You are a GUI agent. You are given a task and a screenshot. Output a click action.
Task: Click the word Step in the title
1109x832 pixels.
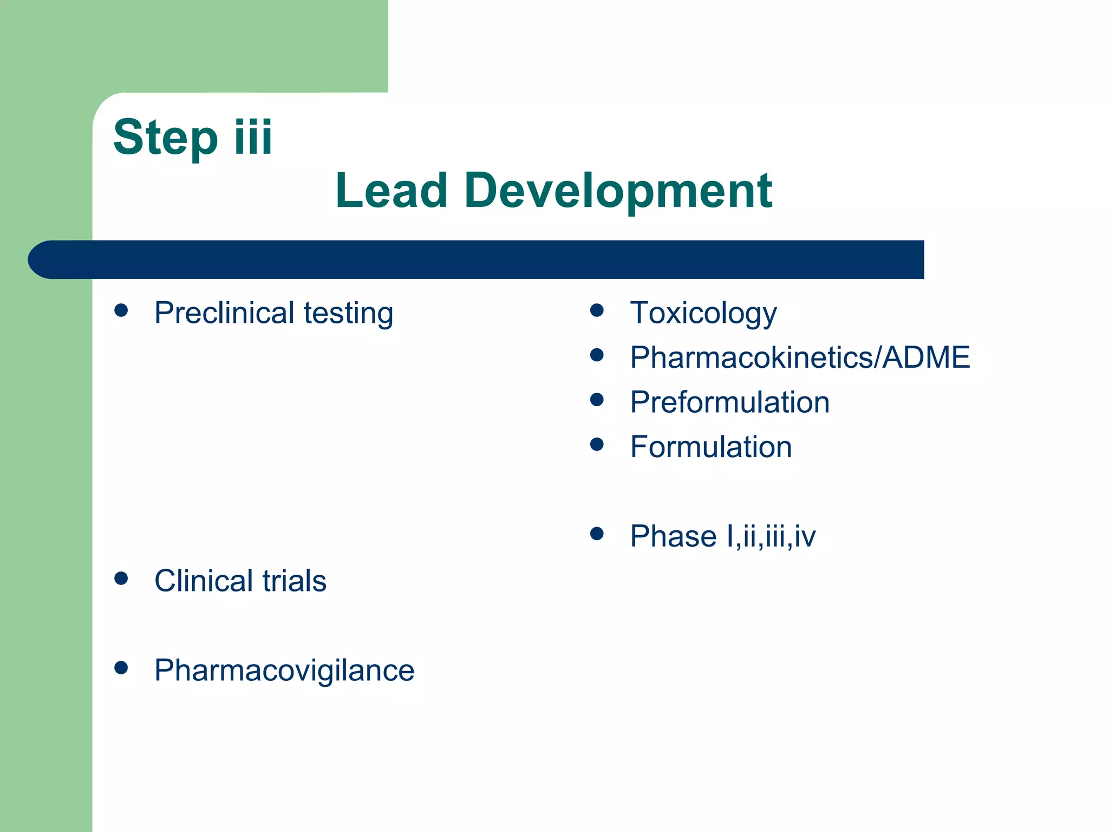(x=165, y=138)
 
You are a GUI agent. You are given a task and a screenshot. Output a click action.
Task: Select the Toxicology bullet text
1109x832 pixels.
(x=703, y=313)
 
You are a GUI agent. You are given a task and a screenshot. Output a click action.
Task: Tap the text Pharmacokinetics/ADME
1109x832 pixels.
(x=799, y=357)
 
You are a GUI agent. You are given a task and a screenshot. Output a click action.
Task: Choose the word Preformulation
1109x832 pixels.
(x=729, y=402)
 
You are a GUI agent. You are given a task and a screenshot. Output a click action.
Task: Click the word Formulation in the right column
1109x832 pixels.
(x=710, y=447)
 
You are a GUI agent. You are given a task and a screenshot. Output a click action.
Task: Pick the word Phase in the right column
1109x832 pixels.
(x=673, y=536)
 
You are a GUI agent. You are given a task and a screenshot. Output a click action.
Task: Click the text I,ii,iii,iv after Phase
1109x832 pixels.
(x=771, y=536)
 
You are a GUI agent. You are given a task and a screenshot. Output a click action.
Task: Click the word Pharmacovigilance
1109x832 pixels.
(x=284, y=671)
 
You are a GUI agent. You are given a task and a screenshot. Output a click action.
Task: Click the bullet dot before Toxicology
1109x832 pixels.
(x=597, y=310)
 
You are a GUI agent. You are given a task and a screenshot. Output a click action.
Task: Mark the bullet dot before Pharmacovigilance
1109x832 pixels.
(x=121, y=667)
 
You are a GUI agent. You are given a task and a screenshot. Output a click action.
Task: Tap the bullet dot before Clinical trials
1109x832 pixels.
(x=121, y=578)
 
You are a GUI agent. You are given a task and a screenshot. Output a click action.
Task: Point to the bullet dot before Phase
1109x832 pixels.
(x=597, y=534)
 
